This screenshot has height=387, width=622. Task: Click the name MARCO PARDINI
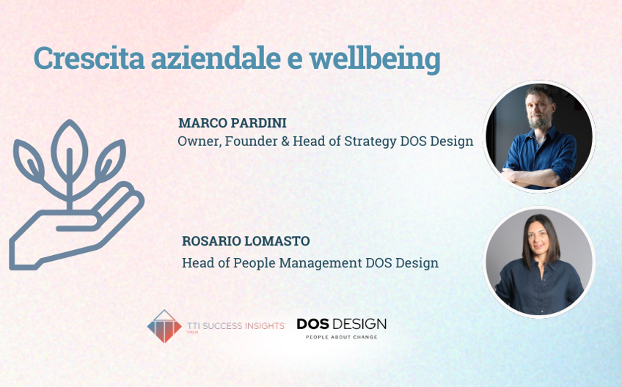pyautogui.click(x=232, y=122)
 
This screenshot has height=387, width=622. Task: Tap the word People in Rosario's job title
pyautogui.click(x=248, y=262)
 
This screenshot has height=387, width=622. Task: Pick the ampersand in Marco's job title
pyautogui.click(x=282, y=141)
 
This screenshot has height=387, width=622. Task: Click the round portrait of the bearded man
pyautogui.click(x=539, y=137)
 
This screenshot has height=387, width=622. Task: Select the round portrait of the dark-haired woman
pyautogui.click(x=539, y=262)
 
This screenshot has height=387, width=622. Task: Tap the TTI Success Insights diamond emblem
pyautogui.click(x=164, y=325)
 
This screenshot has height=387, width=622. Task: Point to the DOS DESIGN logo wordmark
pyautogui.click(x=341, y=323)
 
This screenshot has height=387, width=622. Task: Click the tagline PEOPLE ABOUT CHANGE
pyautogui.click(x=341, y=337)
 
